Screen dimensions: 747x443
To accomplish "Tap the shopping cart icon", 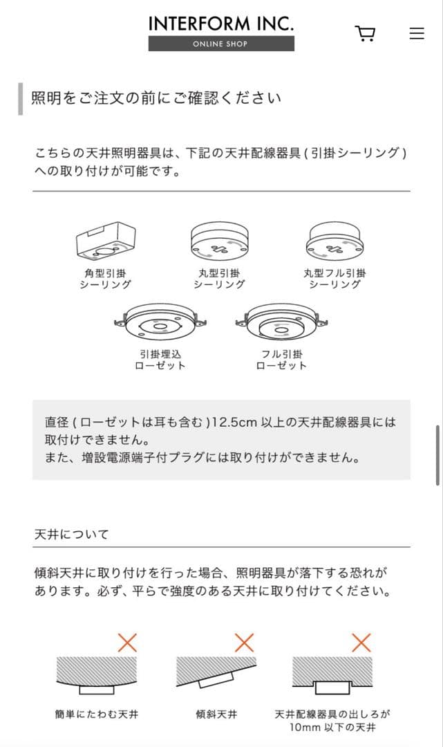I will click(365, 34).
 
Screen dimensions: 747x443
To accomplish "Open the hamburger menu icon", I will click(417, 33).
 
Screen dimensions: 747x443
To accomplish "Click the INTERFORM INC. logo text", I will click(221, 24).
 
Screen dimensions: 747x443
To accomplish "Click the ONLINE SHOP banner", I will click(221, 44).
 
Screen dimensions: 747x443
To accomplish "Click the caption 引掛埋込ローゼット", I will click(160, 360).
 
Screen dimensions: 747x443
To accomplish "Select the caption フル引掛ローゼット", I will click(281, 360).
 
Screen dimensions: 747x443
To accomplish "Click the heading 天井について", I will click(71, 535).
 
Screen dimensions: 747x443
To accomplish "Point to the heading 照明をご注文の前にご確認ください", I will click(156, 98).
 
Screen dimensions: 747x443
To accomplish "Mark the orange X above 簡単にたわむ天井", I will click(127, 643).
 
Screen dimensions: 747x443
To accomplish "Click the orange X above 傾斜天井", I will click(244, 643).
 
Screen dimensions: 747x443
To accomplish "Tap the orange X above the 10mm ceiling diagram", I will click(361, 643).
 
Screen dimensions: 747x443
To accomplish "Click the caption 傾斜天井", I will click(216, 713).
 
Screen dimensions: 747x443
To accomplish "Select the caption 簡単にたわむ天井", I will click(97, 713).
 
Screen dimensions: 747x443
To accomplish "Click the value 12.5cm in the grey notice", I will click(238, 422).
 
